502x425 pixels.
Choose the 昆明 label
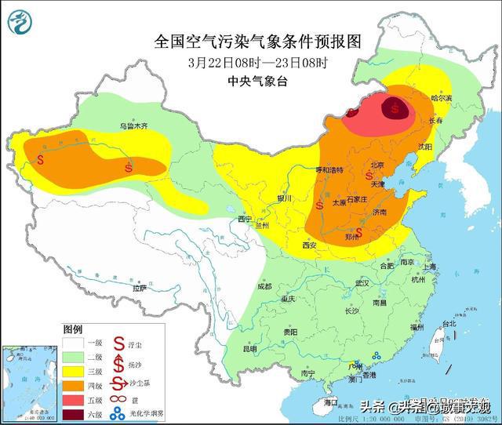tap(249, 349)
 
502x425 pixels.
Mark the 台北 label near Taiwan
tap(449, 323)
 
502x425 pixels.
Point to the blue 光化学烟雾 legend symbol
tap(117, 414)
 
